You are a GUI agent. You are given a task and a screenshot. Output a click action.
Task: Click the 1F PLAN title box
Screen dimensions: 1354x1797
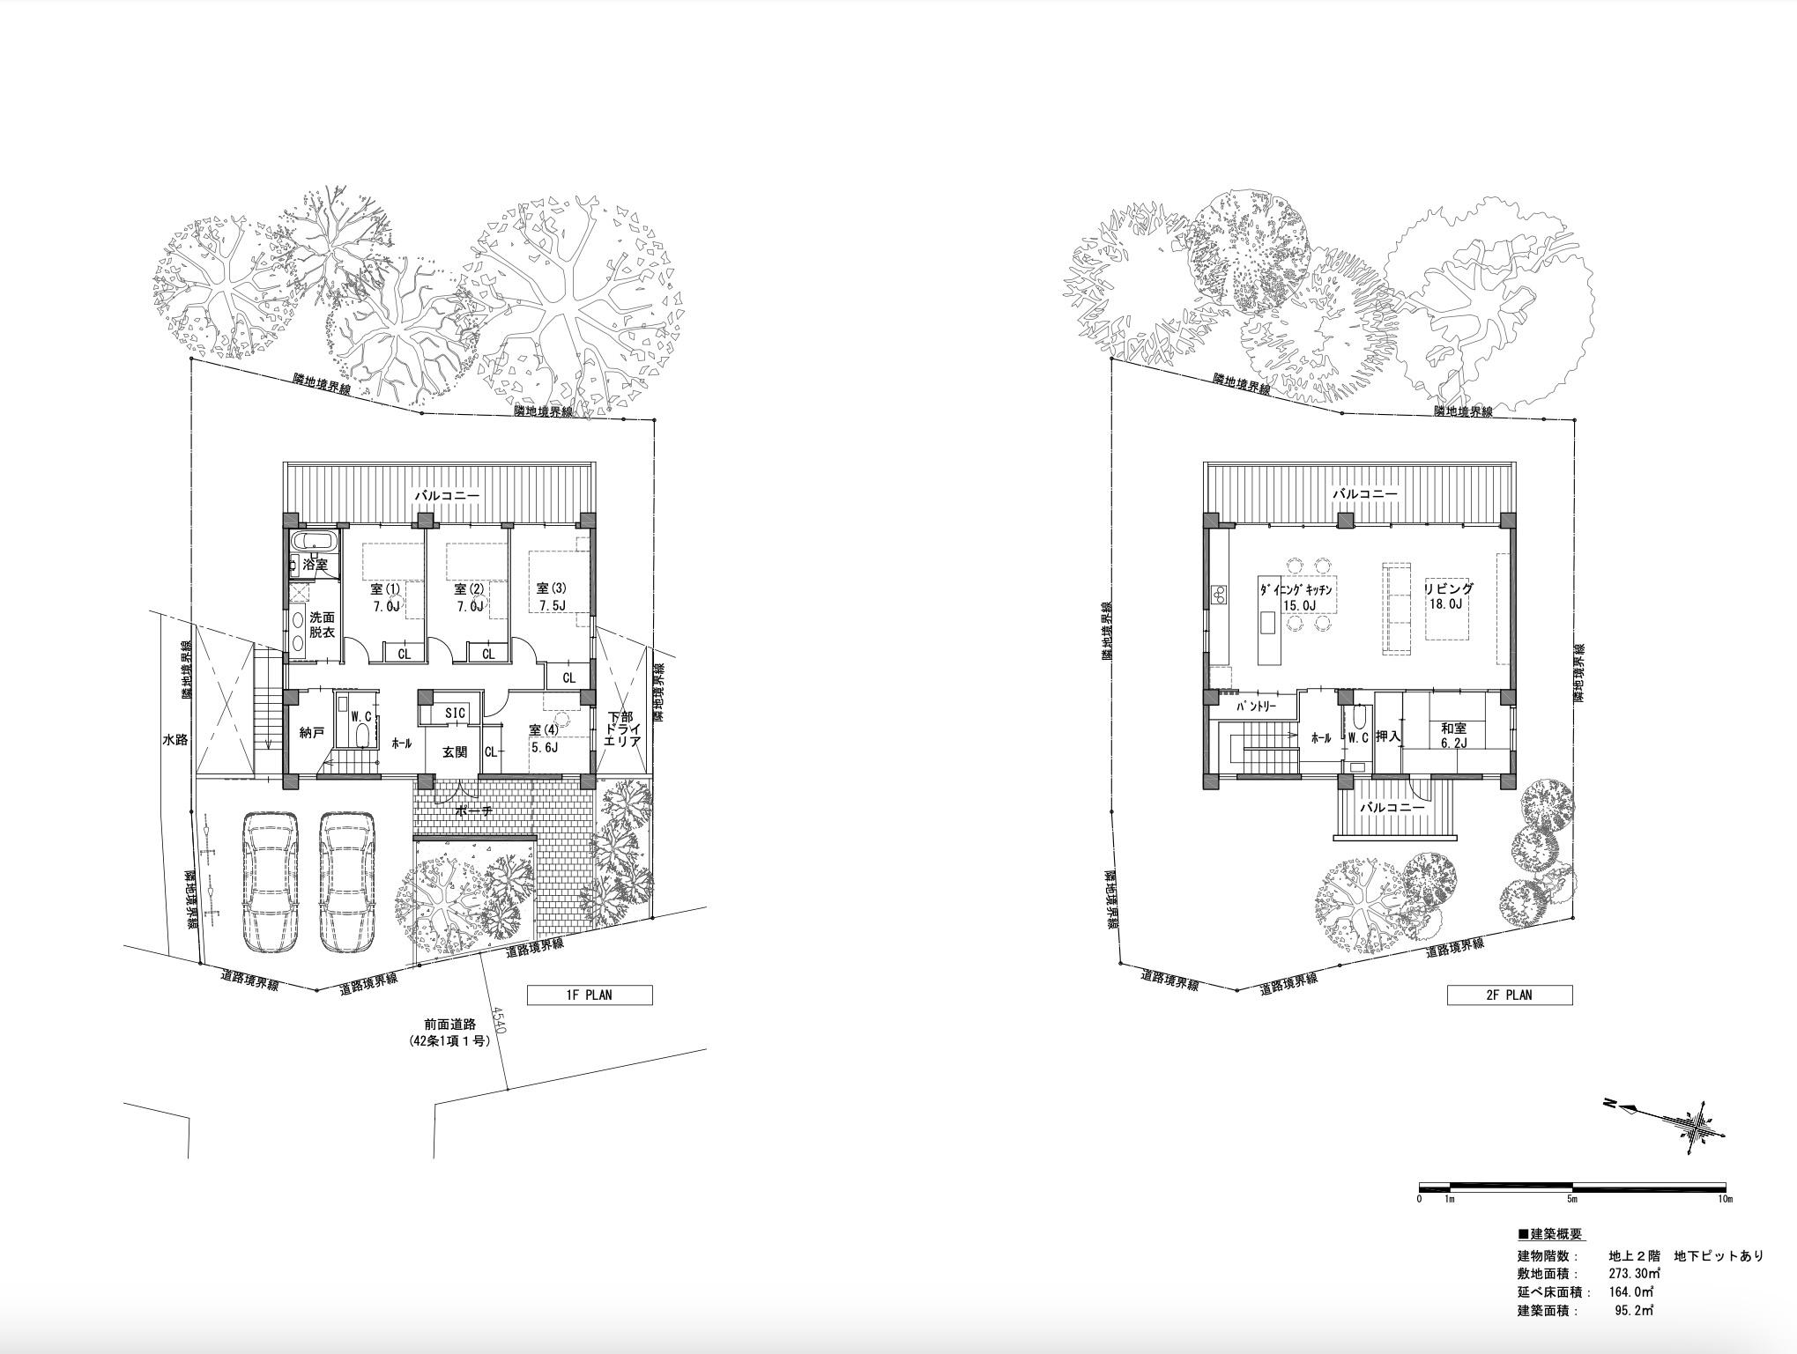pyautogui.click(x=590, y=995)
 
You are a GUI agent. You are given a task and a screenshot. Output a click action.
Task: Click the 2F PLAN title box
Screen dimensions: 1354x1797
pyautogui.click(x=1510, y=995)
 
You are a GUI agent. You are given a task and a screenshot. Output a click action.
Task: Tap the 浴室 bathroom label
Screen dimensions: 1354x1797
pyautogui.click(x=315, y=564)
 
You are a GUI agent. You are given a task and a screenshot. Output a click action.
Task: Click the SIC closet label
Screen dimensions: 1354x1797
pyautogui.click(x=455, y=712)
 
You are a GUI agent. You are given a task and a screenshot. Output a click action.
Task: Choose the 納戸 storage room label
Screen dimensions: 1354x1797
pyautogui.click(x=312, y=733)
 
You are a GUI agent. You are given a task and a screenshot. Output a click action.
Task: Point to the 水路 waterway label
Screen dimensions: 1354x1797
pyautogui.click(x=175, y=739)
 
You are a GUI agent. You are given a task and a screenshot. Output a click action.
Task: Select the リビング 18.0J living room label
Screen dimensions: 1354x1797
pyautogui.click(x=1448, y=596)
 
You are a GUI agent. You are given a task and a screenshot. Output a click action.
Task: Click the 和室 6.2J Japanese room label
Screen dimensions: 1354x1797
pyautogui.click(x=1453, y=736)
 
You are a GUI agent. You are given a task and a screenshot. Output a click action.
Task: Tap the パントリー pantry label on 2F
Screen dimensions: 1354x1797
pyautogui.click(x=1256, y=707)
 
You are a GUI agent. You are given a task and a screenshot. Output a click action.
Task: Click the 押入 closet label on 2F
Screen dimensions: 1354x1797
pyautogui.click(x=1387, y=735)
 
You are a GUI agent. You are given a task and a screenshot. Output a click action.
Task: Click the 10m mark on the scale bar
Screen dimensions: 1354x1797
pyautogui.click(x=1725, y=1199)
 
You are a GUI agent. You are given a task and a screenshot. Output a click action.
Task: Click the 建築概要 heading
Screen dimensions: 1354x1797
pyautogui.click(x=1550, y=1234)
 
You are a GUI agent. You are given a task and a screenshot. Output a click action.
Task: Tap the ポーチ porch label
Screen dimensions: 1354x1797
pyautogui.click(x=474, y=811)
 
